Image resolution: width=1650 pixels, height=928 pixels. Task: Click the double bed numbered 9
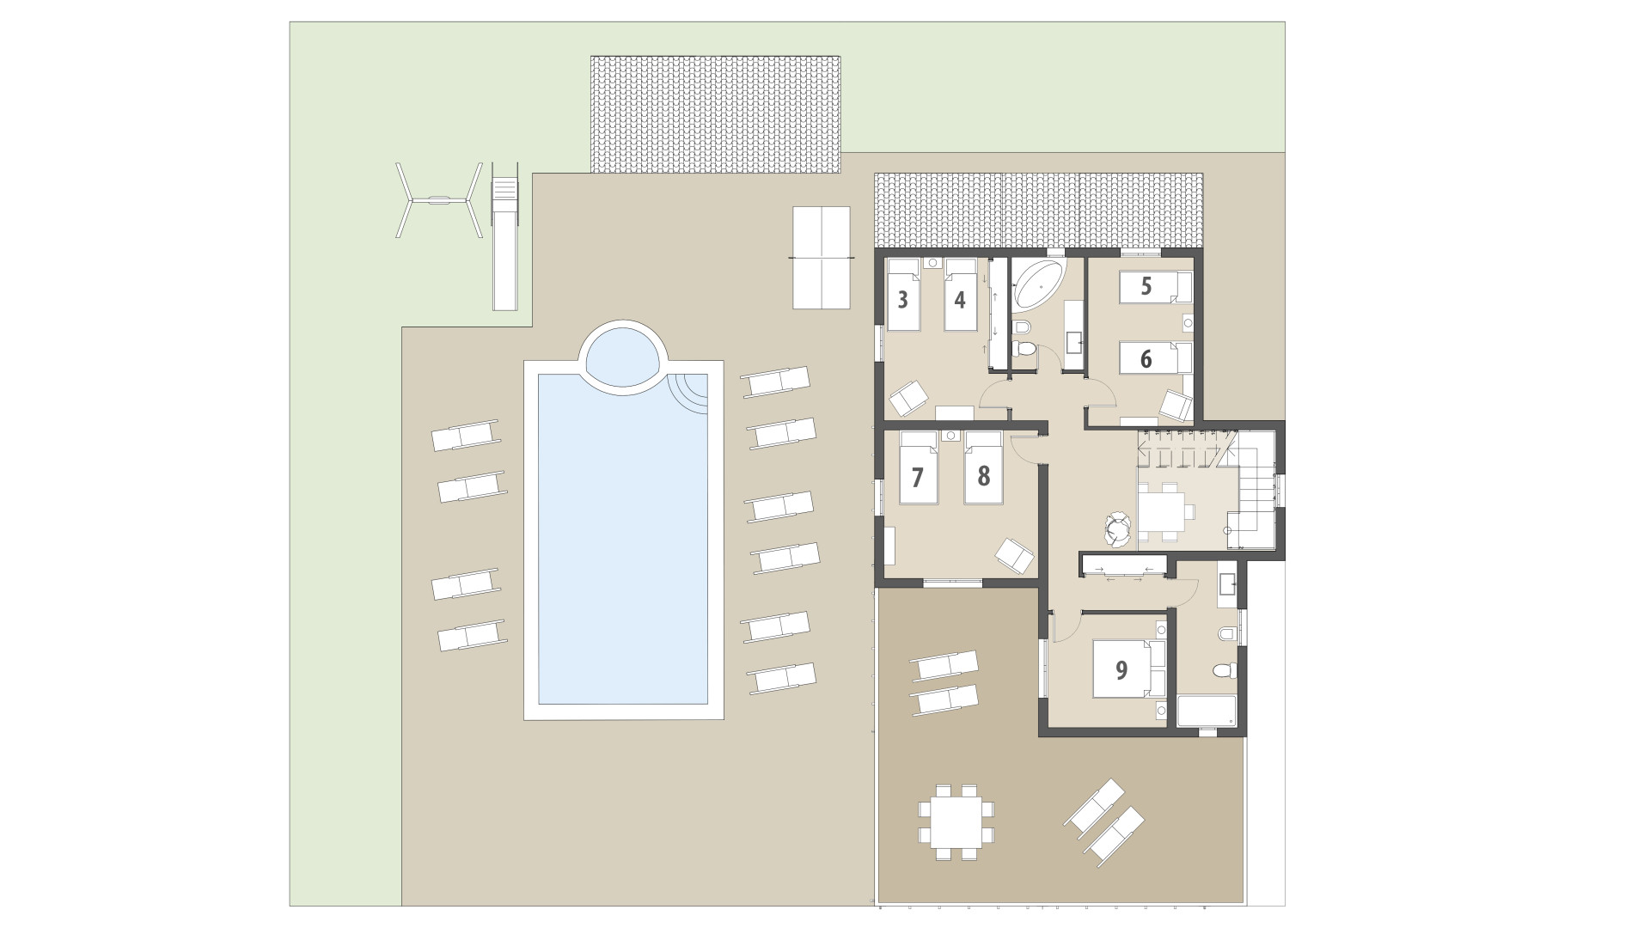tap(1121, 670)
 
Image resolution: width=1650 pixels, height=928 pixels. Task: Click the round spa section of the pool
tap(623, 355)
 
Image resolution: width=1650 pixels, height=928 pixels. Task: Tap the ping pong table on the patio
tap(821, 258)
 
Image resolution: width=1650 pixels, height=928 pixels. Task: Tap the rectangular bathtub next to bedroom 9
tap(1206, 711)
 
